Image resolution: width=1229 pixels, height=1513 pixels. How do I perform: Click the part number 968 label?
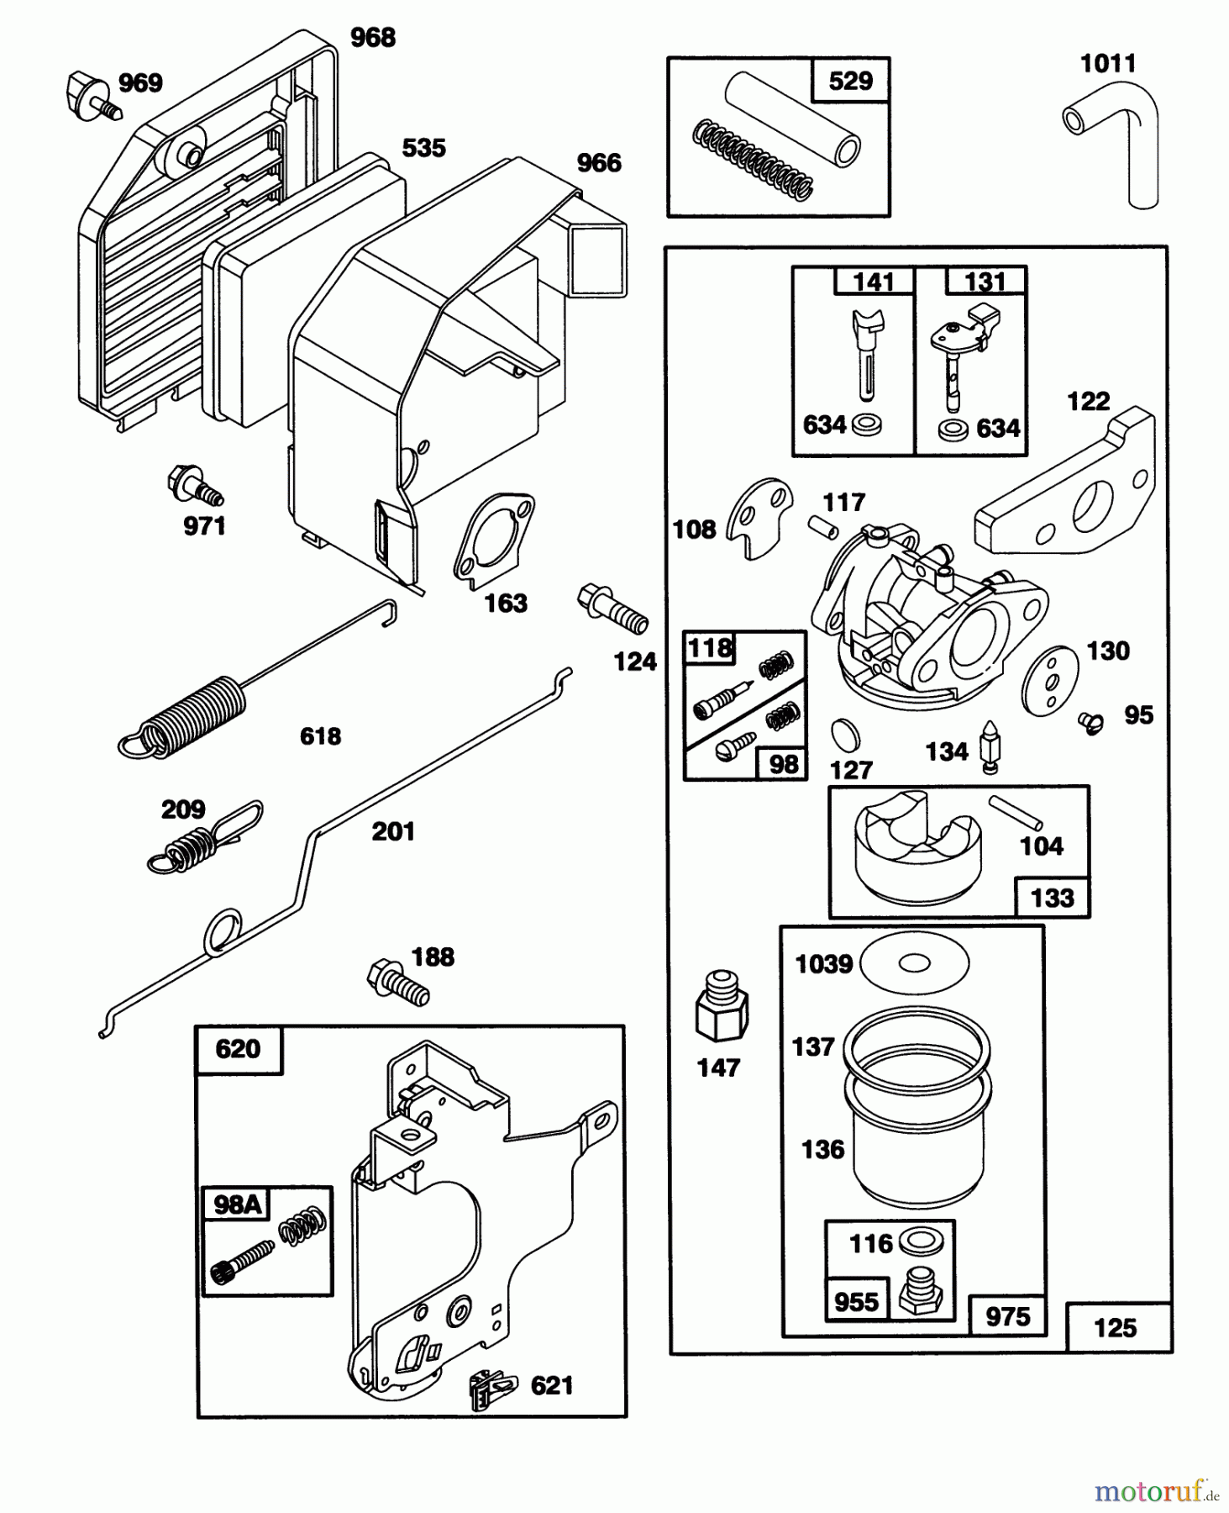tap(372, 38)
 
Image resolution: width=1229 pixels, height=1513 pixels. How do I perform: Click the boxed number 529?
tap(850, 82)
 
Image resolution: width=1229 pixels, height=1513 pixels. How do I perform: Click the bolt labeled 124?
tap(614, 609)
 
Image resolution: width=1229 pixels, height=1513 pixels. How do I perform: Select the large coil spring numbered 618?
tap(193, 711)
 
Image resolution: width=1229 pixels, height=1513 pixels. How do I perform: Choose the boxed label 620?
tap(238, 1049)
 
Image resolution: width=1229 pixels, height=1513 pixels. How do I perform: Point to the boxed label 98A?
tap(237, 1205)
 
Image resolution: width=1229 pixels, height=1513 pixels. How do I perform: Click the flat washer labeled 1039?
tap(916, 962)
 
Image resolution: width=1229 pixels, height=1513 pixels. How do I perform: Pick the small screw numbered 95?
tap(1091, 721)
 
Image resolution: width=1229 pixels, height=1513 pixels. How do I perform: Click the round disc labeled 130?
tap(1049, 680)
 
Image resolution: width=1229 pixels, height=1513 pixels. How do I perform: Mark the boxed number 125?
tap(1115, 1328)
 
